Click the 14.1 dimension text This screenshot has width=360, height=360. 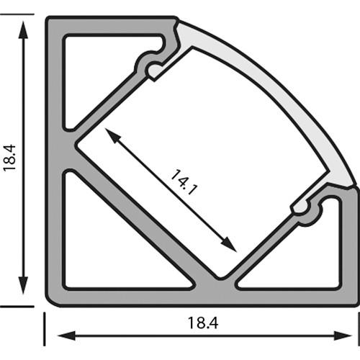[x=184, y=183]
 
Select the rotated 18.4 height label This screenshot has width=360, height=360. [x=9, y=156]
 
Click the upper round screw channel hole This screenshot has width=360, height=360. [x=153, y=69]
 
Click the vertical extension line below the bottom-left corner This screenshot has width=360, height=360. [x=45, y=328]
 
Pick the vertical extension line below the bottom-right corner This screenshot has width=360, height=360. [x=359, y=328]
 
